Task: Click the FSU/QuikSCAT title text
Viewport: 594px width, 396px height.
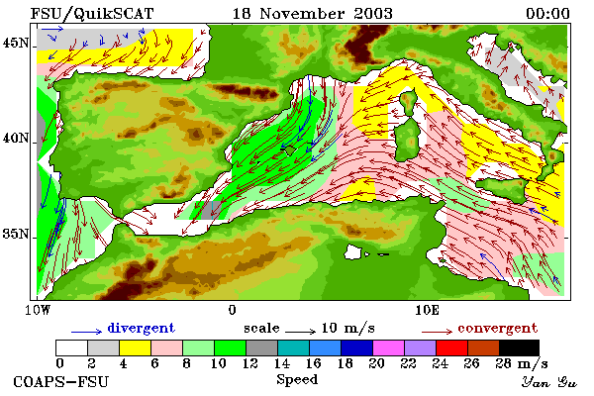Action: pyautogui.click(x=92, y=14)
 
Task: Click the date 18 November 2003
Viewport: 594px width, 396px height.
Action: pyautogui.click(x=312, y=14)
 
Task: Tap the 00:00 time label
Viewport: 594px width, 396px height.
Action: pyautogui.click(x=547, y=14)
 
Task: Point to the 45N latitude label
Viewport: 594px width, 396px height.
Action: pyautogui.click(x=16, y=43)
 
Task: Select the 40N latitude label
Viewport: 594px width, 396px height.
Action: pyautogui.click(x=16, y=138)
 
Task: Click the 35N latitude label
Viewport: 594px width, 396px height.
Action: pyautogui.click(x=16, y=234)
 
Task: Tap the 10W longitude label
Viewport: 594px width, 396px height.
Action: pyautogui.click(x=38, y=310)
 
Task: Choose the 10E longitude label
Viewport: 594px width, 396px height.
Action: pyautogui.click(x=428, y=310)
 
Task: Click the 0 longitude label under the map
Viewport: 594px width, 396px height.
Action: pyautogui.click(x=233, y=310)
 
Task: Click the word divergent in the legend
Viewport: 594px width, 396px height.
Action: pyautogui.click(x=142, y=328)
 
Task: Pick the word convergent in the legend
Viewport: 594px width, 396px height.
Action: pyautogui.click(x=497, y=328)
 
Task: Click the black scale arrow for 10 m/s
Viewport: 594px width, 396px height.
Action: pyautogui.click(x=300, y=332)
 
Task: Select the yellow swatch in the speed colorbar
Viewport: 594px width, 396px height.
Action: pyautogui.click(x=135, y=347)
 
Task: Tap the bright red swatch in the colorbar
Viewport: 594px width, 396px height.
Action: pyautogui.click(x=451, y=347)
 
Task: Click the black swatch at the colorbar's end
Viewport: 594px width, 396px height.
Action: pyautogui.click(x=519, y=347)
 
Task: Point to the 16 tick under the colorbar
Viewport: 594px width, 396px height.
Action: pyautogui.click(x=313, y=363)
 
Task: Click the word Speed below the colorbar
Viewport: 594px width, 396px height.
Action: pyautogui.click(x=297, y=380)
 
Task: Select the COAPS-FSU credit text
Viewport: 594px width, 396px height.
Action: pyautogui.click(x=61, y=381)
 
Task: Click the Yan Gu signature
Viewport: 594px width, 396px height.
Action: pyautogui.click(x=548, y=382)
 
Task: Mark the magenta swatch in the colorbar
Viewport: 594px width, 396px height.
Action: pyautogui.click(x=388, y=347)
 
